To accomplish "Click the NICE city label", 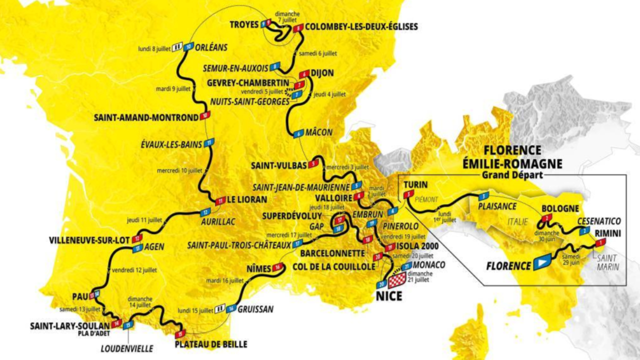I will point(388,296).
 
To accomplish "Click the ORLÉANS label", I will point(211,47).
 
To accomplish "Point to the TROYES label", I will point(244,24).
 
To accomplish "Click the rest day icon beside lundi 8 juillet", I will point(177,48).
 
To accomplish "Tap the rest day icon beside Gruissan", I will point(220,309).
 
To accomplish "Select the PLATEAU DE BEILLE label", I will point(210,344).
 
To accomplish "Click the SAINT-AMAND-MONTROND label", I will point(146,118).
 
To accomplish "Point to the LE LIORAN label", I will point(247,199).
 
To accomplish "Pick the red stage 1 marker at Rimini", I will point(599,242).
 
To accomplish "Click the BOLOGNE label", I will point(559,208).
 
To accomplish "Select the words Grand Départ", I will point(512,175).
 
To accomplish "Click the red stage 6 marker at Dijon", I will point(303,73).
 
